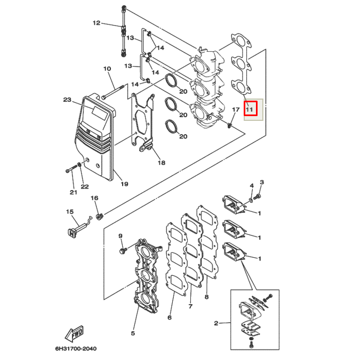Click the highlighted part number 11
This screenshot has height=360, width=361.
point(250,109)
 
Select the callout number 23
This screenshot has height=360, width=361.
point(67,100)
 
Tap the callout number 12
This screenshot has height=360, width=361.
point(96,23)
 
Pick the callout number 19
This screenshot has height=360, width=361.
point(124,184)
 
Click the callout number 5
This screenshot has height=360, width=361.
point(133,334)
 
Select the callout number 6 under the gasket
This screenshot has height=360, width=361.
point(170,317)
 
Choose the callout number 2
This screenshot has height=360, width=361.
point(216,323)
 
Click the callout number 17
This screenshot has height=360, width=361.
point(235,110)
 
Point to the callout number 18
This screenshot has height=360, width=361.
point(162,163)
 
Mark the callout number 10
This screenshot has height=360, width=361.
point(107,69)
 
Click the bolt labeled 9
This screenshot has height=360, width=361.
point(124,249)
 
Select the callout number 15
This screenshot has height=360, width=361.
point(69,212)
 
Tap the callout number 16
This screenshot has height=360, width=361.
point(94,198)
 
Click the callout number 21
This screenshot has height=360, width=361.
point(73,192)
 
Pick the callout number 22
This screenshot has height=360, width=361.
point(84,186)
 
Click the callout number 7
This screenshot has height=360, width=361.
point(190,306)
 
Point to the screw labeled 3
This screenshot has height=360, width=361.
point(257,197)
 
